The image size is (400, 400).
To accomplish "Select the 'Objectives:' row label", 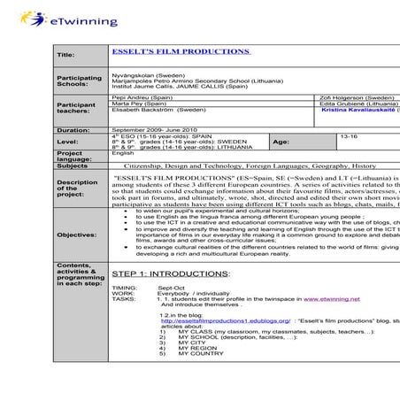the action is tap(78, 235).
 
